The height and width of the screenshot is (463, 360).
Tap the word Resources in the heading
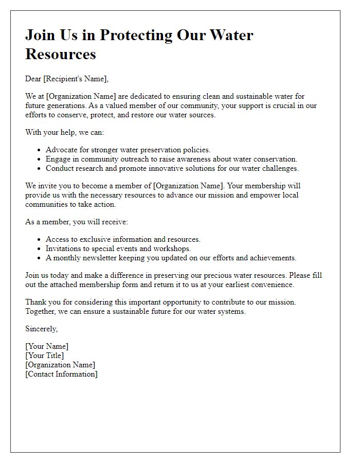[x=61, y=54]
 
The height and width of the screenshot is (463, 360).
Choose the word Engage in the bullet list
[x=58, y=159]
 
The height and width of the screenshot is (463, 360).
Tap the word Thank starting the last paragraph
[x=35, y=302]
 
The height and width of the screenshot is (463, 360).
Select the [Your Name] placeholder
[x=47, y=347]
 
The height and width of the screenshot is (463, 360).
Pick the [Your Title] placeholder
[x=45, y=355]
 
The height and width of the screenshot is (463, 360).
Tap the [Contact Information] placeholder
[x=61, y=374]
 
